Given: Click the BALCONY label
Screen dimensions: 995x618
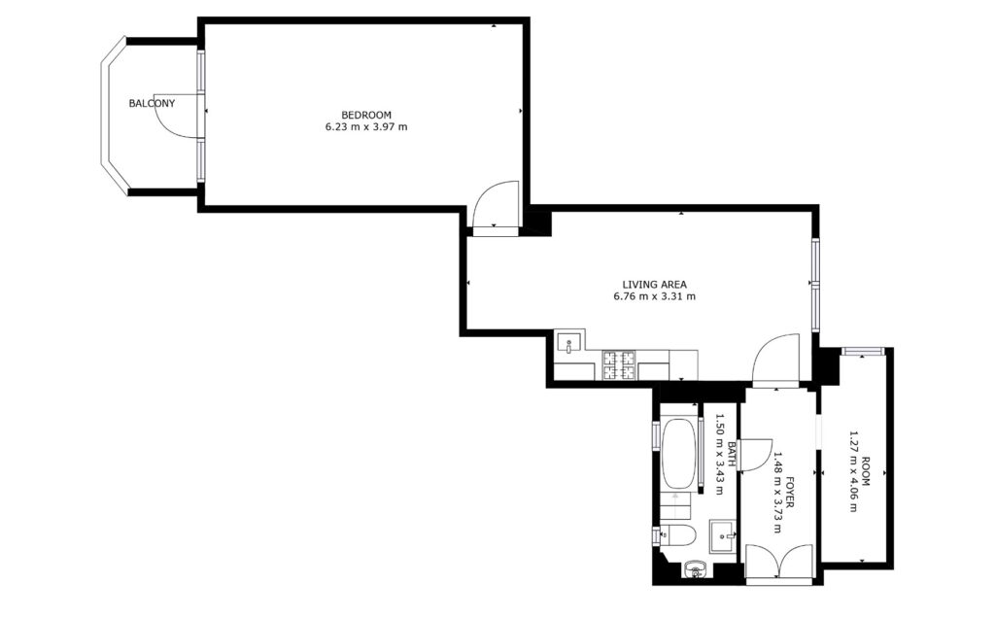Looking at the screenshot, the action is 152,103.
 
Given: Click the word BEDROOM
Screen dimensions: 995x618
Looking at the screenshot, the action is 366,115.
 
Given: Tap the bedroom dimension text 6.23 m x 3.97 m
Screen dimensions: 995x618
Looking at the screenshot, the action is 366,127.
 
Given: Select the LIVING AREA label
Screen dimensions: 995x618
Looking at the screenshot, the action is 654,285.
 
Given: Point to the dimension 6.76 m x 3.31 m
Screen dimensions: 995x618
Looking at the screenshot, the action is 654,296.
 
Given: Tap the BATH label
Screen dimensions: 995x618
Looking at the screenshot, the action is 732,455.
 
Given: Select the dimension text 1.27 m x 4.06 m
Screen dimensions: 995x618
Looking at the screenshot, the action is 853,472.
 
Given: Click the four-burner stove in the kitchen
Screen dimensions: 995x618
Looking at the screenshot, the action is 619,364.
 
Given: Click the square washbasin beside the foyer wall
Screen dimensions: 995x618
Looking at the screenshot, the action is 723,536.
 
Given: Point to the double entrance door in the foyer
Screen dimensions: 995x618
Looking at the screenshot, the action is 779,563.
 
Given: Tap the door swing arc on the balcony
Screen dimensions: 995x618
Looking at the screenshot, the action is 171,120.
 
